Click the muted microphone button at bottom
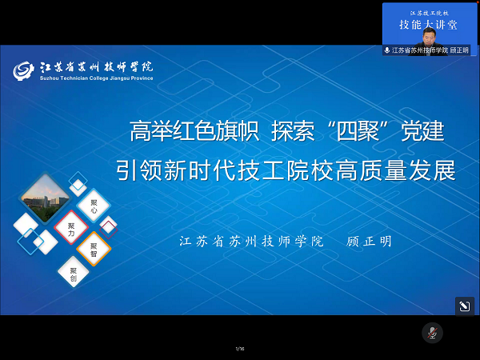(x=432, y=332)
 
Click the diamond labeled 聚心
(x=94, y=206)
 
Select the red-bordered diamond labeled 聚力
(x=71, y=227)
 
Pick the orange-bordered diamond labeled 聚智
(x=94, y=249)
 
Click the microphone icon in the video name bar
(x=387, y=50)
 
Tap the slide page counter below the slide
(x=239, y=349)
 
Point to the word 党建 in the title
(x=424, y=130)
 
